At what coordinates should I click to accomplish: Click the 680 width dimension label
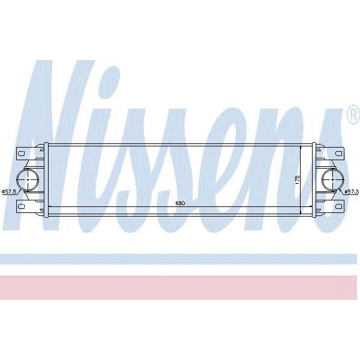pos(179,203)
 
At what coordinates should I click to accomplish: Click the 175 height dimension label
pos(296,179)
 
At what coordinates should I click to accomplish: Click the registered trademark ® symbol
pos(353,115)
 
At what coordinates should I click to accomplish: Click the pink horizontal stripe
pos(180,287)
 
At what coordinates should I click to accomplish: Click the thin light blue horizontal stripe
pos(180,259)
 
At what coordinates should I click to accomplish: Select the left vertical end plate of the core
pos(46,178)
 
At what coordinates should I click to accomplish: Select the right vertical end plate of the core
pos(313,178)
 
